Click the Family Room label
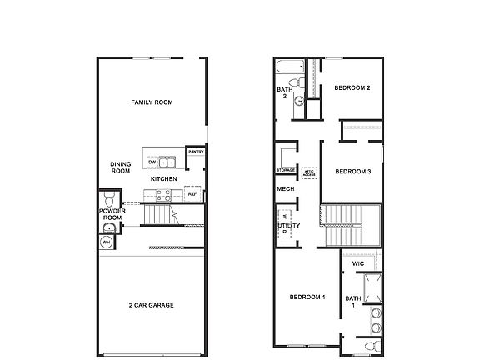click(x=151, y=102)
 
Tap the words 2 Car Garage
click(x=151, y=305)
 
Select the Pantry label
click(x=197, y=152)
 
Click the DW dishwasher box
click(x=152, y=162)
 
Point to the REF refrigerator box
click(x=192, y=194)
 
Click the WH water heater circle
click(x=106, y=242)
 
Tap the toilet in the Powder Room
click(x=109, y=200)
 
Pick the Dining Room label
click(x=121, y=167)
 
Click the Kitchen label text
click(x=163, y=179)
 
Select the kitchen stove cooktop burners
click(x=162, y=195)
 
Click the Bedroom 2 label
click(x=352, y=87)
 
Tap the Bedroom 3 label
click(x=352, y=172)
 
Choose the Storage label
click(x=286, y=171)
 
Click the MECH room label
click(x=285, y=189)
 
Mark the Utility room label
click(x=289, y=225)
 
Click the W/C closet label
click(x=358, y=263)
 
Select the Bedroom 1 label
click(x=307, y=297)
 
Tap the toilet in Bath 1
click(x=372, y=345)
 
